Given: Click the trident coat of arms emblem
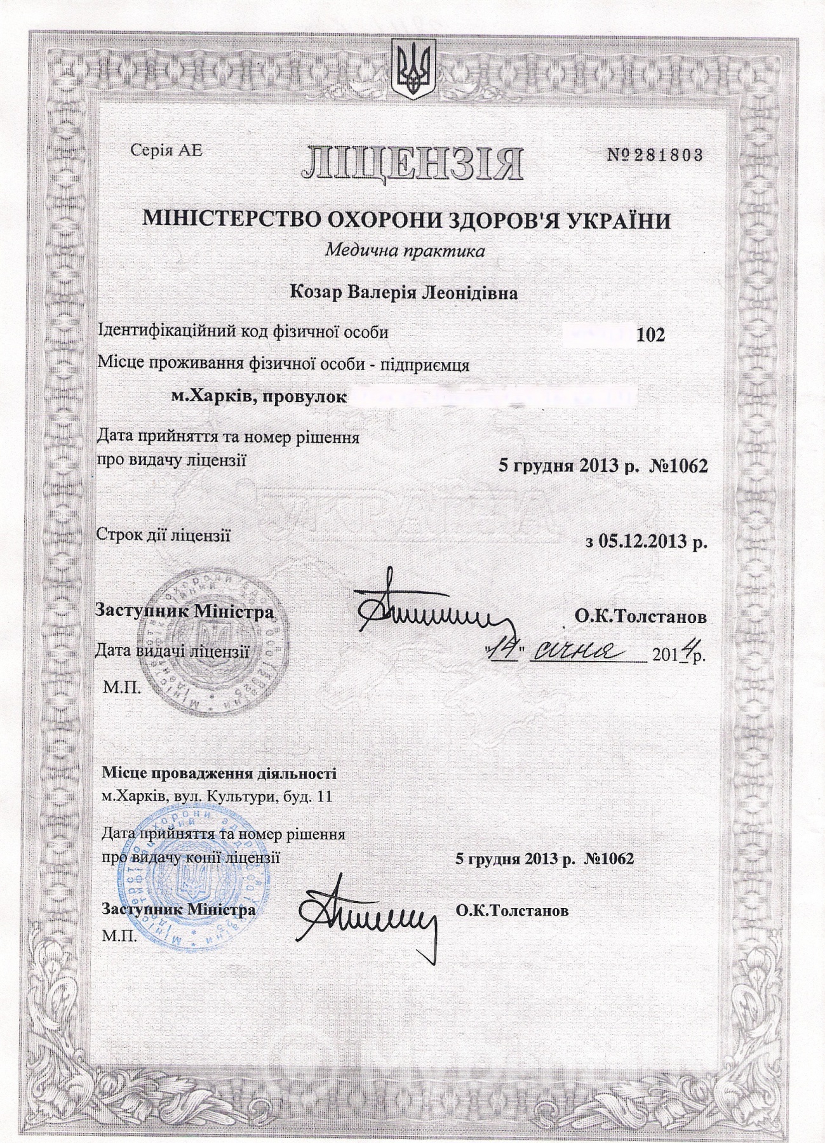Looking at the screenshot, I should (x=412, y=69).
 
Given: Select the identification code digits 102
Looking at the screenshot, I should (x=650, y=334).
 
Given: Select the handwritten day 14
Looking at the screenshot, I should (x=506, y=652).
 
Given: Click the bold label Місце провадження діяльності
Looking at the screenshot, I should (x=219, y=774).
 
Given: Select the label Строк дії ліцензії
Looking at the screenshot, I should (x=163, y=535).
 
